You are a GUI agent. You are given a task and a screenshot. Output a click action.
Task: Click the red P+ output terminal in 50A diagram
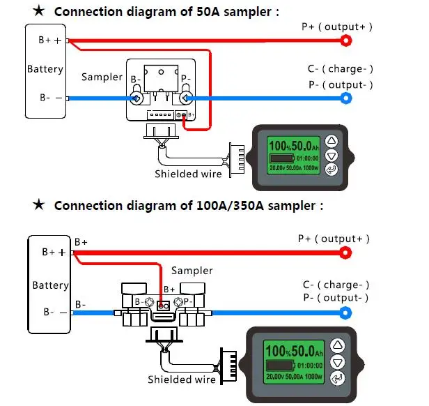345,40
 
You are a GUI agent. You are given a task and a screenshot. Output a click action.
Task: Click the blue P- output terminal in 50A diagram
346,98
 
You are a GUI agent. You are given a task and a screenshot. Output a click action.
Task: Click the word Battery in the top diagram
45,69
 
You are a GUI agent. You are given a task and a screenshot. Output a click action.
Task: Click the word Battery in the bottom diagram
50,285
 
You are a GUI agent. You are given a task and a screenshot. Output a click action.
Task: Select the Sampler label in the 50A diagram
102,77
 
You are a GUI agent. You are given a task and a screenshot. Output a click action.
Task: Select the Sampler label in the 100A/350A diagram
192,271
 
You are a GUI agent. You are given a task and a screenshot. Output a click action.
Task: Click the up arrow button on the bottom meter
338,345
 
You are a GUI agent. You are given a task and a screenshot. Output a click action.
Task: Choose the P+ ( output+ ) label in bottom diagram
334,238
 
